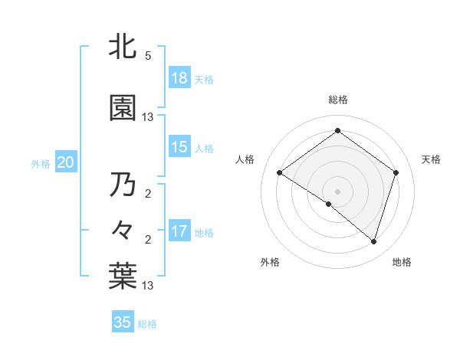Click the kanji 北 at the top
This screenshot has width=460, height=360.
pos(123,48)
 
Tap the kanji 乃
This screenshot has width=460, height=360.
pos(123,185)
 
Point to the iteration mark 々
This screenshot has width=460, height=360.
pos(123,228)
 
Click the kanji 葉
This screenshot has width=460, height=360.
pos(123,276)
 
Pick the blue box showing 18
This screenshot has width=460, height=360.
pos(179,77)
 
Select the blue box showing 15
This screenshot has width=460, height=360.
pos(179,147)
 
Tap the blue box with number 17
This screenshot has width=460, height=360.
pos(179,231)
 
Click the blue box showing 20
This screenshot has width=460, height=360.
pos(66,162)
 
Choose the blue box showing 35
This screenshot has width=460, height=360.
pos(123,322)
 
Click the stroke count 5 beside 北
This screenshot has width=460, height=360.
pos(148,56)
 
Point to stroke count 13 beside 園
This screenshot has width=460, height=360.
pos(148,117)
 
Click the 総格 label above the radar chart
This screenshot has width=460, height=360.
pos(337,100)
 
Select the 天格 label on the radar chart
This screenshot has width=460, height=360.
pos(431,159)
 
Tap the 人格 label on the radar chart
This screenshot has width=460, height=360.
pos(245,159)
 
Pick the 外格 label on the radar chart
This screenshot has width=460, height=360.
pos(270,263)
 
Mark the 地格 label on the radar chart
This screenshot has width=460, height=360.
pos(402,263)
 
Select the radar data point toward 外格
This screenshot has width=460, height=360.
pos(329,204)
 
